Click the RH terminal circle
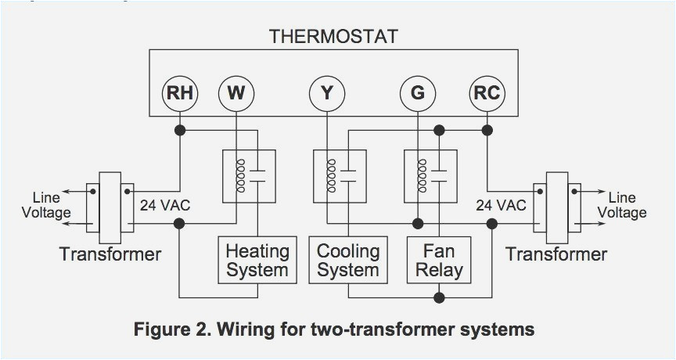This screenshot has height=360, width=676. tap(180, 93)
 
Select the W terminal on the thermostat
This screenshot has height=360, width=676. tap(236, 93)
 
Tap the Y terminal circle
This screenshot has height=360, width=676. tap(326, 93)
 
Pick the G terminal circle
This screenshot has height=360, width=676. tap(417, 93)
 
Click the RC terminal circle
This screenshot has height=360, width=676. tap(487, 93)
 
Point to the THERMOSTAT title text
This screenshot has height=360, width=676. tap(333, 36)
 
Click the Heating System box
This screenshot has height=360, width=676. tap(257, 261)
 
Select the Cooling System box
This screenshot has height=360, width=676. tap(348, 261)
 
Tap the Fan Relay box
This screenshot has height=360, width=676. tap(439, 261)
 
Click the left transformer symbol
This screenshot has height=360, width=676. tap(110, 207)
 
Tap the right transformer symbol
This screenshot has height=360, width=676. tap(556, 207)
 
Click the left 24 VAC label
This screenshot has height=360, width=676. tap(165, 206)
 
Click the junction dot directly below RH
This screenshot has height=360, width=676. tap(180, 129)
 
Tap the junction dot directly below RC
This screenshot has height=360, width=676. tap(487, 129)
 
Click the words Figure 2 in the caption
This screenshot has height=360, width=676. tap(169, 329)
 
